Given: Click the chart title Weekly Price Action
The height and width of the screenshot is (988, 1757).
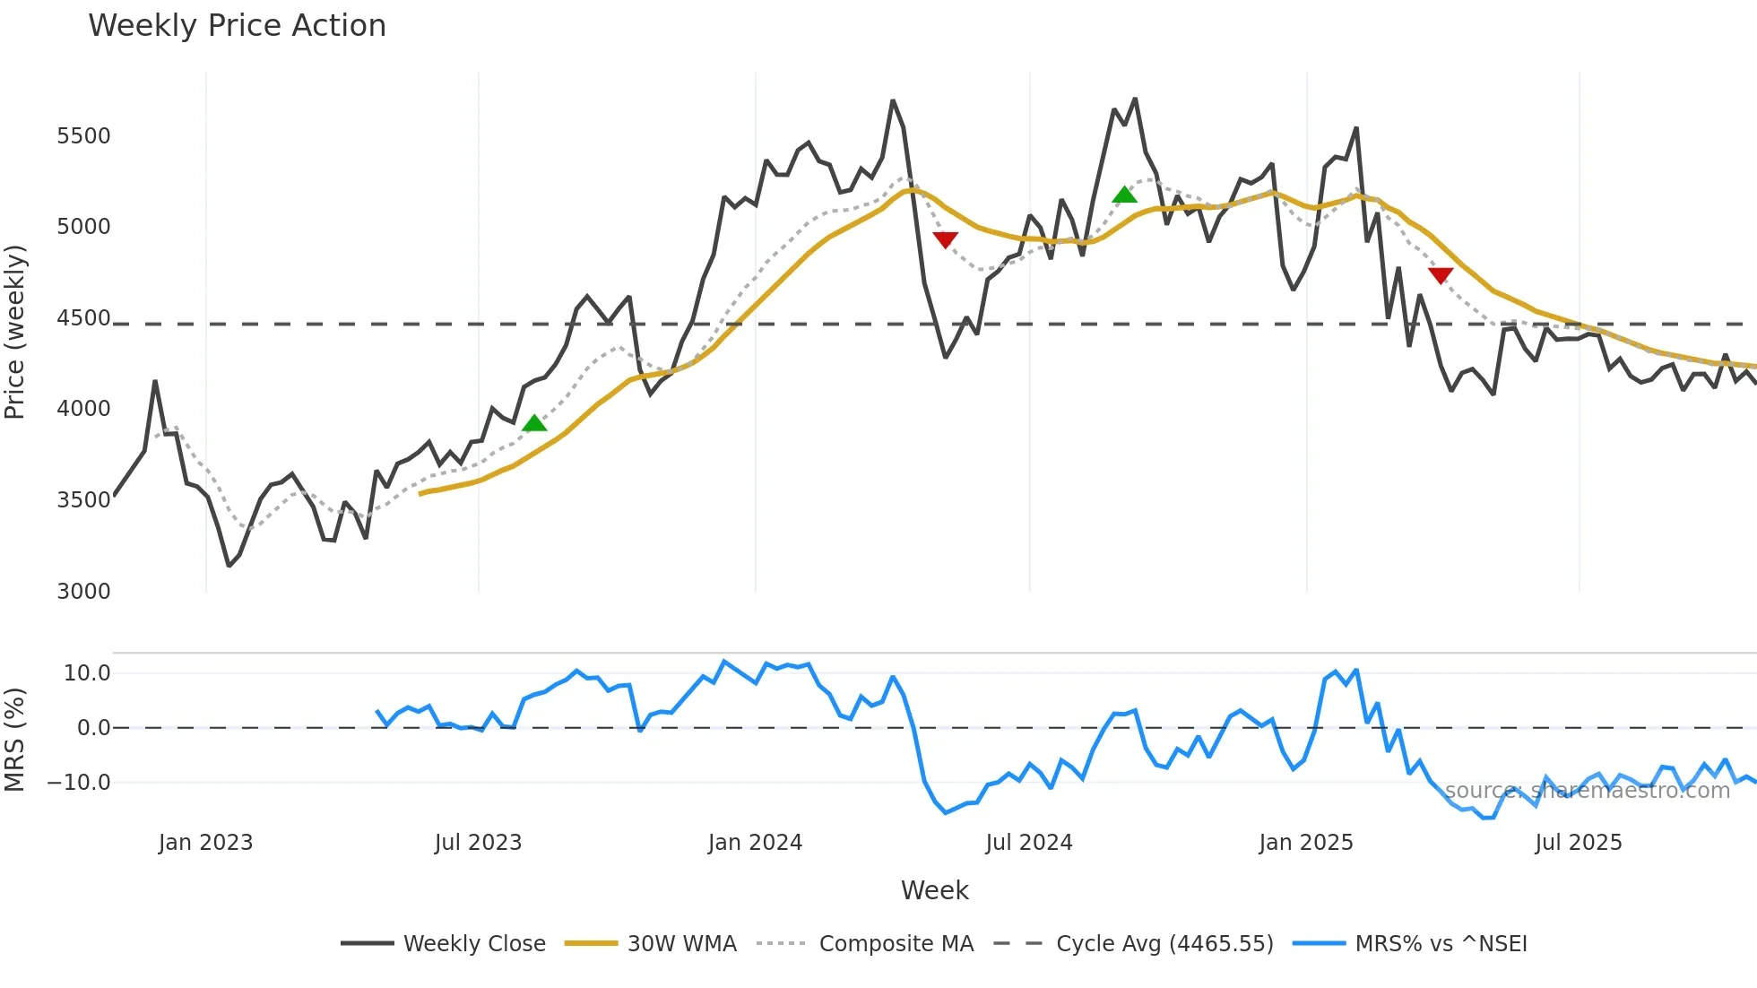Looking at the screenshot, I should point(237,26).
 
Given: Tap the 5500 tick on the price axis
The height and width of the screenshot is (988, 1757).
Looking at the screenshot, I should point(83,136).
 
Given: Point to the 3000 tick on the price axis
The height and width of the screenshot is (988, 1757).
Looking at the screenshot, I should point(83,592).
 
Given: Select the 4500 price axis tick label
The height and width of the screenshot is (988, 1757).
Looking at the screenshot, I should point(83,318).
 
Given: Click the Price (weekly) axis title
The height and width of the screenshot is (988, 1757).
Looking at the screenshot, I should point(15,332).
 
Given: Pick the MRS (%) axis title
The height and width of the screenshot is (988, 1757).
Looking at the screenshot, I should point(15,740).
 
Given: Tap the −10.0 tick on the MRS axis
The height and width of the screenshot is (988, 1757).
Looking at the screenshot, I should point(79,783).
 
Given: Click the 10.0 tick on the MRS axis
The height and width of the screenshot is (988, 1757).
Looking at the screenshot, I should point(87,673).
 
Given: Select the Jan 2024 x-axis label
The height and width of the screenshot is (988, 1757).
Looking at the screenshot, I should point(755,843).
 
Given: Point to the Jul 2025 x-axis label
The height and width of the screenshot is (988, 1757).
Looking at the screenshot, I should point(1579,843).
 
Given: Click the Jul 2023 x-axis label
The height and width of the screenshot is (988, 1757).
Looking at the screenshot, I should point(478,843).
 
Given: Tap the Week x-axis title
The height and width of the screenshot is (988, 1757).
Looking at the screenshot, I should point(934,890).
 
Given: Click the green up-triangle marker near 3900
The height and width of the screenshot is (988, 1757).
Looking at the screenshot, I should point(534,423).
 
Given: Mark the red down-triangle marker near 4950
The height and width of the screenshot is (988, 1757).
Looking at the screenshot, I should point(945,239).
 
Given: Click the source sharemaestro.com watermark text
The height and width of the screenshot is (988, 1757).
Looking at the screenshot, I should point(1587,791).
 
